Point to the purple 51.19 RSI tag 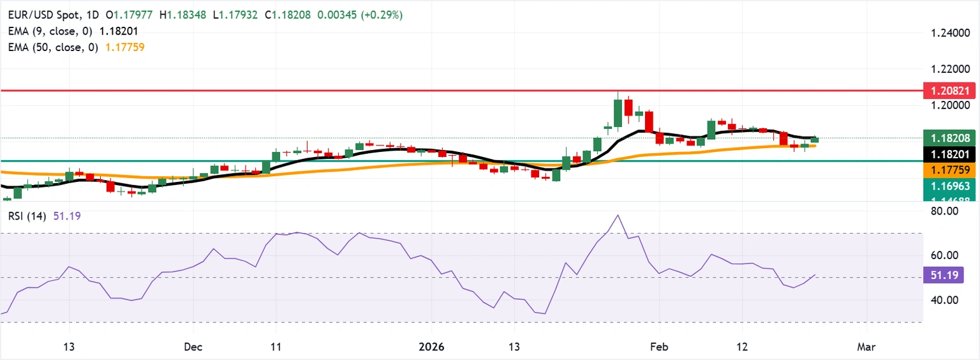pyautogui.click(x=943, y=276)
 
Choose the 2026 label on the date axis pyautogui.click(x=431, y=347)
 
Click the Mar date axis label pyautogui.click(x=866, y=347)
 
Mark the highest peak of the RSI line pyautogui.click(x=618, y=215)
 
